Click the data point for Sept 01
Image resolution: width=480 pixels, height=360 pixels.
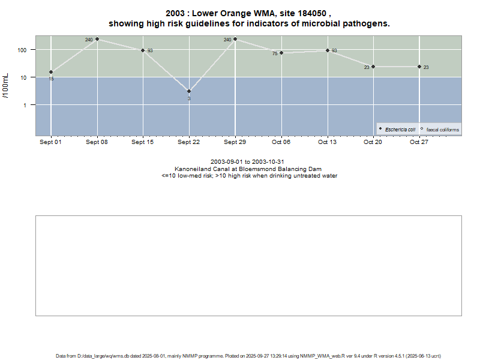51,72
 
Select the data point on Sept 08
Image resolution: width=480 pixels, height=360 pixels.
97,39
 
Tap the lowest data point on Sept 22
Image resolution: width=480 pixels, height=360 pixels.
189,91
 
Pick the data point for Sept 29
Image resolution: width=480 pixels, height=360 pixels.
235,39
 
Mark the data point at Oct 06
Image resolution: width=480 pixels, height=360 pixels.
281,53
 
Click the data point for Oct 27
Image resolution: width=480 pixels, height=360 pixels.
419,67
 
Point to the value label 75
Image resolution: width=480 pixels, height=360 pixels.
275,53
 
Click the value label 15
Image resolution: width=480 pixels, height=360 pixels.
51,79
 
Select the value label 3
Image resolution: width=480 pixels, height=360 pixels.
189,98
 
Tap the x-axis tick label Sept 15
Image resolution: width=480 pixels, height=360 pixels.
143,142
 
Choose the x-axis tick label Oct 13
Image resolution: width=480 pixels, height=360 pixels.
327,142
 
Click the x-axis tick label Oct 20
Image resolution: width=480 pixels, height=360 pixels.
373,142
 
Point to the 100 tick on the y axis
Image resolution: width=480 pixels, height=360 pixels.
23,50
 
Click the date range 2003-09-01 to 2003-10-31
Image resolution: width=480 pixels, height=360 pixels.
247,162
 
